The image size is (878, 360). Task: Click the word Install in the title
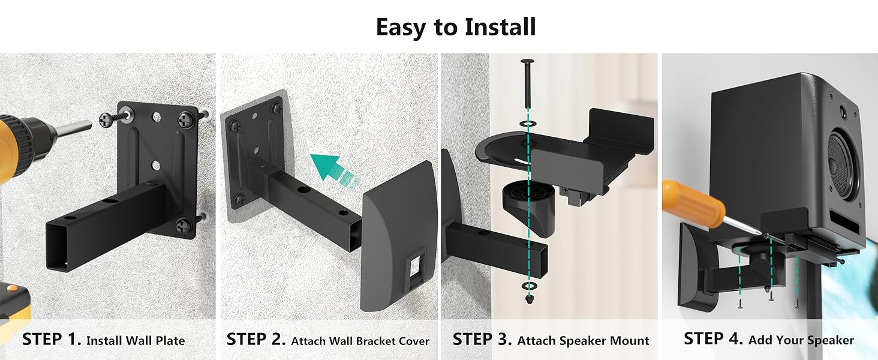tap(500, 26)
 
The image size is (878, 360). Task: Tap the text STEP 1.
tap(52, 339)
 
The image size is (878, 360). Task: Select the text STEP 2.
tap(256, 339)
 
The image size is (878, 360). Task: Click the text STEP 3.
tap(482, 339)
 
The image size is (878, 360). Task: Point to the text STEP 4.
tap(714, 338)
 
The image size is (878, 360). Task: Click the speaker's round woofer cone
tap(842, 167)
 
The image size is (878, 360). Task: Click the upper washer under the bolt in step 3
tap(528, 124)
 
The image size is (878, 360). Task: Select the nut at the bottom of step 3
tap(529, 299)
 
